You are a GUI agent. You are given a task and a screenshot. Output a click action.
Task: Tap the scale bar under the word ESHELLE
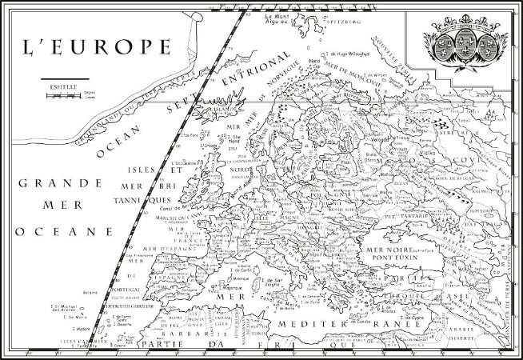pyautogui.click(x=62, y=94)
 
